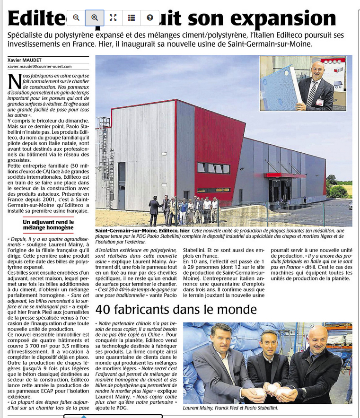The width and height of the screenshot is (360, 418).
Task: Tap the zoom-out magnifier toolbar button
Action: (76, 18)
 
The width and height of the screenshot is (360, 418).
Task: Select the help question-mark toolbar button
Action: (150, 18)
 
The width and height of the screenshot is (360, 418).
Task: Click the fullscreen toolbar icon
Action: (113, 18)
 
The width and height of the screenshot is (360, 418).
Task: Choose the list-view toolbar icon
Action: (132, 18)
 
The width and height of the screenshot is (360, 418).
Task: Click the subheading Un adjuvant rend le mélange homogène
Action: (48, 225)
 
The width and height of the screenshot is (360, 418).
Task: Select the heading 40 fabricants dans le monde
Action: (176, 310)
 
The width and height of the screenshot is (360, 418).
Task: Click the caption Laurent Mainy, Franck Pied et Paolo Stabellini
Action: (230, 408)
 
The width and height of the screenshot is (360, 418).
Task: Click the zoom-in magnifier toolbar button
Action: (95, 18)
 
